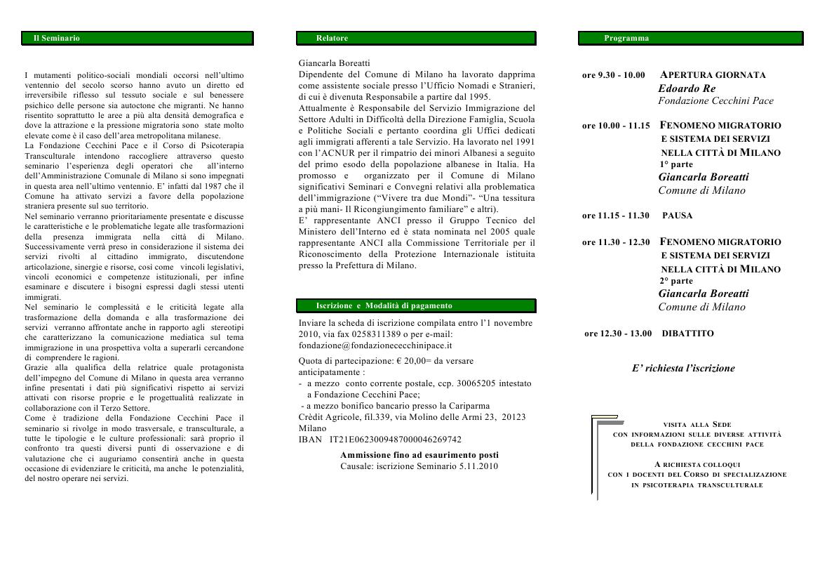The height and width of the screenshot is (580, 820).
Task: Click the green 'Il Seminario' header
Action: (138, 38)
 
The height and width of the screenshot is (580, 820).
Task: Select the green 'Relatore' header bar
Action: (417, 38)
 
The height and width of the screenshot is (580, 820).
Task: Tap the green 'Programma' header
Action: (690, 38)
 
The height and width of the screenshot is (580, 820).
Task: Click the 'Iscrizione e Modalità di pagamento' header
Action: (417, 305)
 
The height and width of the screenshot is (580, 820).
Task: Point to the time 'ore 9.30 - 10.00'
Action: (613, 75)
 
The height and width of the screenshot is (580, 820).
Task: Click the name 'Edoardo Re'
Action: (687, 88)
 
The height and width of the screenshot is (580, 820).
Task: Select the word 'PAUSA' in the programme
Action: (677, 216)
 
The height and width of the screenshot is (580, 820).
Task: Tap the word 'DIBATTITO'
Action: (687, 334)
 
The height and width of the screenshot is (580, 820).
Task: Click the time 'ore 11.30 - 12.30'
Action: (616, 242)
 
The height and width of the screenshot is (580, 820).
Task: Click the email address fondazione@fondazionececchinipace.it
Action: (375, 345)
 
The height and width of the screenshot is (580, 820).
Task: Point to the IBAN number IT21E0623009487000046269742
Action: (396, 440)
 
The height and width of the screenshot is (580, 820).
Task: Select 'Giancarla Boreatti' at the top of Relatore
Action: (334, 63)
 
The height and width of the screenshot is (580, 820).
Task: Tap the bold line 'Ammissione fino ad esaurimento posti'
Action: (419, 455)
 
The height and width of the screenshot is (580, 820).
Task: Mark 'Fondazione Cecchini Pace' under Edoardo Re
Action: (715, 101)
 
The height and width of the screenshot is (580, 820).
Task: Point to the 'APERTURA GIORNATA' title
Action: (713, 75)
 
